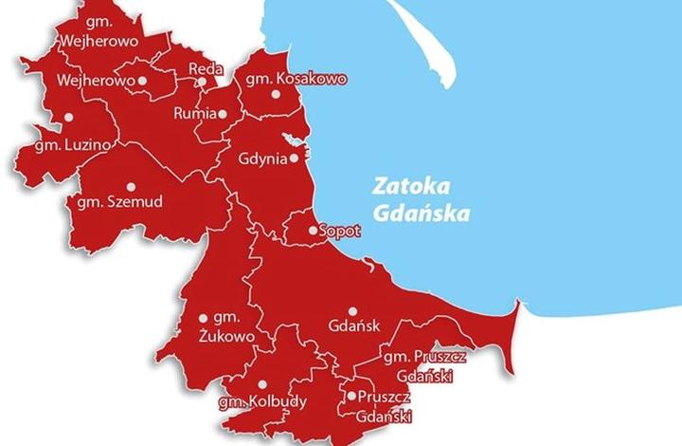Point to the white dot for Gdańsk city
(x=351, y=311)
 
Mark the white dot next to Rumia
(x=224, y=114)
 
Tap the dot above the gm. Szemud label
(x=131, y=186)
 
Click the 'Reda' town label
(x=206, y=68)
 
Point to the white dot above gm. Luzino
(x=68, y=118)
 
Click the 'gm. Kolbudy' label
(x=262, y=401)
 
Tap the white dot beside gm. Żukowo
(x=203, y=319)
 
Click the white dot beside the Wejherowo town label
(x=142, y=82)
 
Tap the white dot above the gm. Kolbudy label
(x=260, y=384)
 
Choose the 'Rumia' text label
(x=196, y=114)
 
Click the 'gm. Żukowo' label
(x=228, y=325)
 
